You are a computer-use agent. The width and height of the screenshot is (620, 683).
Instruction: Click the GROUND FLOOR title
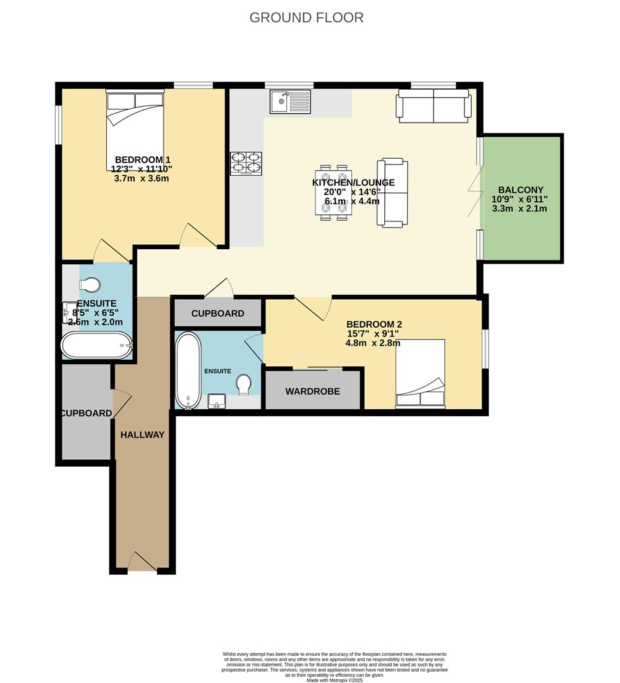(307, 18)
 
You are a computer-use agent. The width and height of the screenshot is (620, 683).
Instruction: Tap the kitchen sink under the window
(290, 101)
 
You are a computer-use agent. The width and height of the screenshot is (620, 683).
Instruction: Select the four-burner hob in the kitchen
(246, 163)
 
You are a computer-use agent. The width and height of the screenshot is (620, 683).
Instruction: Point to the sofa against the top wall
(434, 105)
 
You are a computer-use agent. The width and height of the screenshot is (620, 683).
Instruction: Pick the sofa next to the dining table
(392, 193)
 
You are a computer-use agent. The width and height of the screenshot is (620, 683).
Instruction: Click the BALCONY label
(520, 190)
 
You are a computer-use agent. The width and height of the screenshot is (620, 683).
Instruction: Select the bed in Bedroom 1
(135, 130)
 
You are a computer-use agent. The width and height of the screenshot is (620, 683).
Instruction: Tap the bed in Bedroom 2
(420, 372)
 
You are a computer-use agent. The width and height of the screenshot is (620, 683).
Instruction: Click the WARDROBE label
(312, 391)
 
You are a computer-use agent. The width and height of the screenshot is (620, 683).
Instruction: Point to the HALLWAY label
(142, 434)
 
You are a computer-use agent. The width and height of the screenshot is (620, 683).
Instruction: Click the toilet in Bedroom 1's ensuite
(88, 285)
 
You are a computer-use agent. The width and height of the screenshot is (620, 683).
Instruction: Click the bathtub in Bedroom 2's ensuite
(186, 371)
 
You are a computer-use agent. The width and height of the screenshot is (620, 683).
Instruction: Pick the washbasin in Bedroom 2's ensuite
(217, 401)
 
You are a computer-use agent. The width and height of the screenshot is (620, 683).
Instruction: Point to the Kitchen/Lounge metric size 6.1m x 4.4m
(353, 202)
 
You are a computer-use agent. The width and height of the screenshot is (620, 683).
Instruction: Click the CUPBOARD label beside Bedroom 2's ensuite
(217, 314)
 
